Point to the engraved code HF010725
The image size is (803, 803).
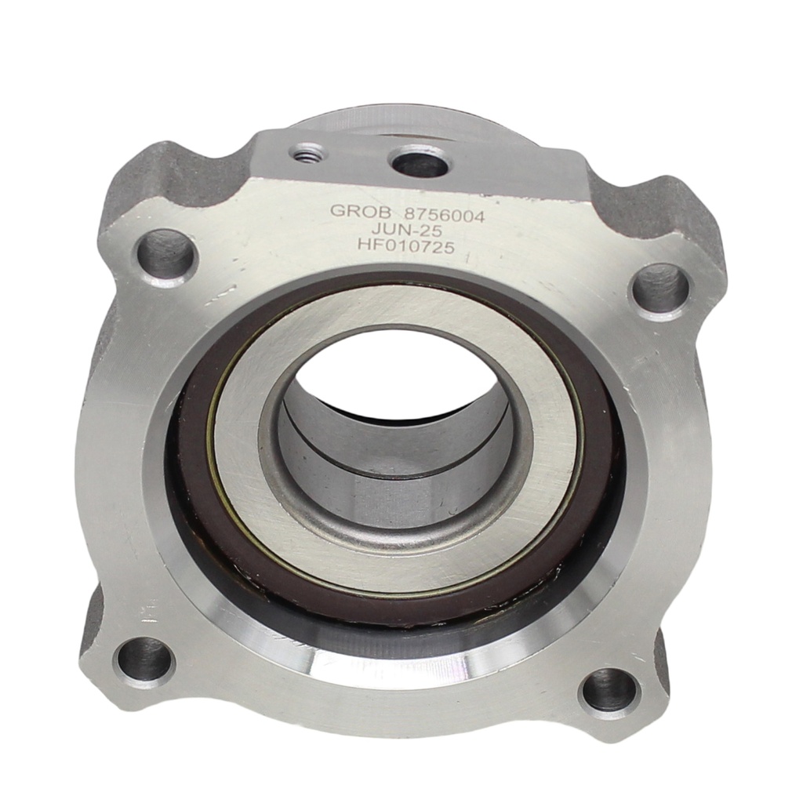point(406,247)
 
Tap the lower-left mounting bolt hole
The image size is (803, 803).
point(144,659)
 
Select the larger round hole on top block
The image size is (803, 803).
point(419,162)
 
